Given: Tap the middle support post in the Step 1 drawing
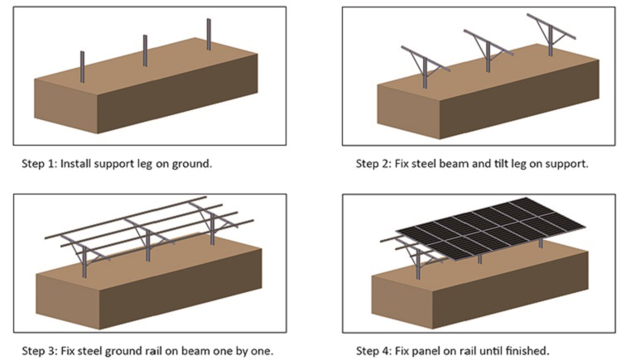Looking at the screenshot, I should [145, 50].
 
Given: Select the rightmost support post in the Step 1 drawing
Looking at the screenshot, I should [209, 36].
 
